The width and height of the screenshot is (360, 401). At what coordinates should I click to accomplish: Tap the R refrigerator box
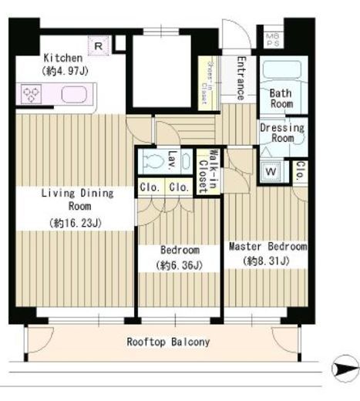coord(99,45)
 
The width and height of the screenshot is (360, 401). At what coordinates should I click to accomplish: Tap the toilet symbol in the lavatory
coord(153,162)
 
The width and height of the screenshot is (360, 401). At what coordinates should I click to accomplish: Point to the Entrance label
coord(240,78)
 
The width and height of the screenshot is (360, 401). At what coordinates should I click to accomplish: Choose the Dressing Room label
coord(281,133)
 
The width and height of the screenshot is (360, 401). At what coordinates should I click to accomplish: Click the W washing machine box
coord(271,171)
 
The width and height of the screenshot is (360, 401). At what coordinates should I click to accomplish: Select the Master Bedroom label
coord(267,248)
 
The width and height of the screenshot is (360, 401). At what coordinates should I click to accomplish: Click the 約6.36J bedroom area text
coord(180,266)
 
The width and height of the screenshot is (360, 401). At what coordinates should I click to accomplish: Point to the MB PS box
coord(271,38)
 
